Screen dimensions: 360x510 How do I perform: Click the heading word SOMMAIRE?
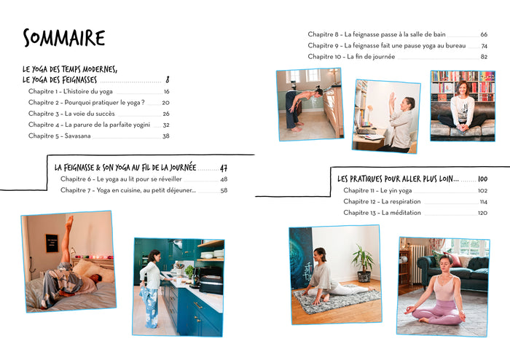tap(64, 38)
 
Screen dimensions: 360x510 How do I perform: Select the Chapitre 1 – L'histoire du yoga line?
tap(71, 92)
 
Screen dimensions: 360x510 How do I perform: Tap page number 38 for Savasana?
tap(165, 136)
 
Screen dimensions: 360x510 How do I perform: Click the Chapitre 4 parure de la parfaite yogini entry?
tap(89, 125)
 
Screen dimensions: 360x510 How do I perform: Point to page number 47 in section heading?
tap(224, 168)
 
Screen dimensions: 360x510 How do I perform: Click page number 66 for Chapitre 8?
tap(484, 34)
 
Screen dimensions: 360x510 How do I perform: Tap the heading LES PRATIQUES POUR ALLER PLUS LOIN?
tap(398, 179)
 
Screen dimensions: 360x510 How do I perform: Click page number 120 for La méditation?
tap(482, 213)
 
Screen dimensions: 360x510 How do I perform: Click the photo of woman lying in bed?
tap(68, 262)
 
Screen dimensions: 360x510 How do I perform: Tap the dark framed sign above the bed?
tap(52, 243)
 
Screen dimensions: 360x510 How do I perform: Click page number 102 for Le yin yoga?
tap(482, 191)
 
